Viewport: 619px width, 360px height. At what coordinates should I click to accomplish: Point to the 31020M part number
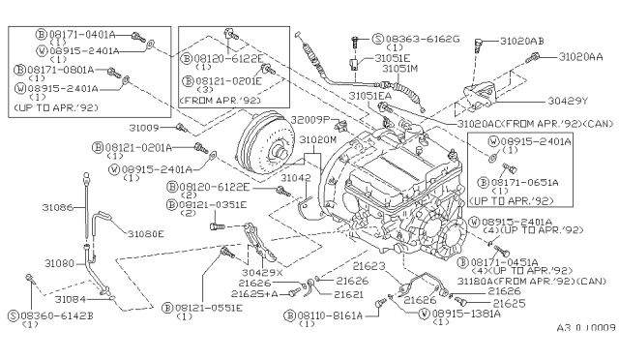pyautogui.click(x=317, y=140)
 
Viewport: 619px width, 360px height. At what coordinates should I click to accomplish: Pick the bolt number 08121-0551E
pyautogui.click(x=213, y=306)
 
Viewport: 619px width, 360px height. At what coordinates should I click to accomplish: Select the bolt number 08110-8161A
pyautogui.click(x=331, y=315)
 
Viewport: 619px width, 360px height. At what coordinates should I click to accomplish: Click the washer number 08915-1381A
pyautogui.click(x=467, y=314)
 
